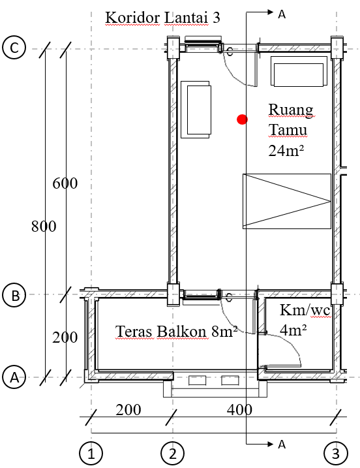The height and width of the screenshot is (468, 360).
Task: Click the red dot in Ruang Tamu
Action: click(x=242, y=119)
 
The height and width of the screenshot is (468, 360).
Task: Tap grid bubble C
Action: click(x=14, y=48)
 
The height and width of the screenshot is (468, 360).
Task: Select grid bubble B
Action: click(x=14, y=295)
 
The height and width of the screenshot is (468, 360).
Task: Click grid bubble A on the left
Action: click(x=14, y=377)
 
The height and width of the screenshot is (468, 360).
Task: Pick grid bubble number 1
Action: click(x=91, y=454)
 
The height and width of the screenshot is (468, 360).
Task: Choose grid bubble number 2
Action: click(x=173, y=454)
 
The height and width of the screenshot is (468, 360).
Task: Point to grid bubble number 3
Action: click(x=336, y=454)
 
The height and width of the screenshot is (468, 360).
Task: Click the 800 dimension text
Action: click(x=44, y=226)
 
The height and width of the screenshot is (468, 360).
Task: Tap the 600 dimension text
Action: click(x=65, y=183)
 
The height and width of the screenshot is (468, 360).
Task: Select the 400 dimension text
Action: click(x=239, y=410)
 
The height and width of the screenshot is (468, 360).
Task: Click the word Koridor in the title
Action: click(x=133, y=18)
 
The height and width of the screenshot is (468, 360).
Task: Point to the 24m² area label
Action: click(x=286, y=150)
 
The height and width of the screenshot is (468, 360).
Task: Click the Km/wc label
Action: click(x=305, y=311)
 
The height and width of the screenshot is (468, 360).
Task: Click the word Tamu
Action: click(x=288, y=130)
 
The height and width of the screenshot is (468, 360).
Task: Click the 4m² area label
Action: click(x=293, y=330)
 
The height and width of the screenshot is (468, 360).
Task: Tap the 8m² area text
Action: click(x=224, y=332)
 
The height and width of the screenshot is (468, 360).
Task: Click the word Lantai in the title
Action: click(x=186, y=18)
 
